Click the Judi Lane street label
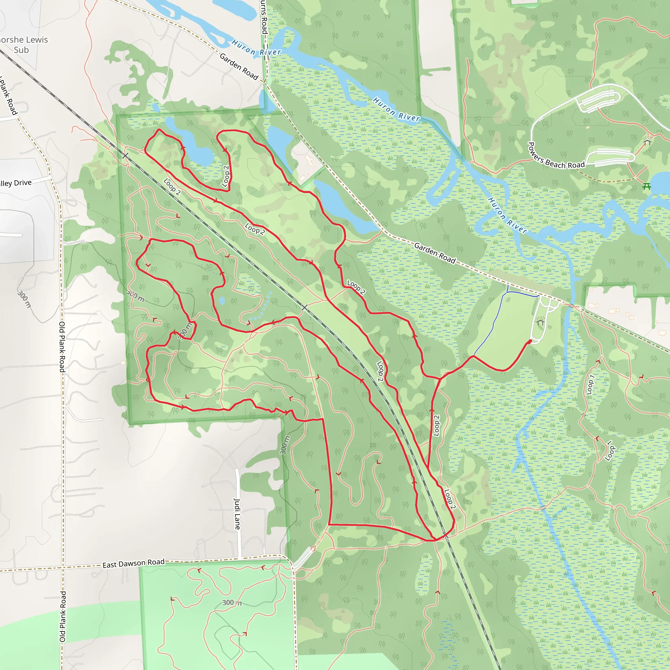(237, 514)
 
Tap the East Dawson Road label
(133, 564)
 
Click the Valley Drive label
(15, 183)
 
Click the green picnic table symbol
(646, 186)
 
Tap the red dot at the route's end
(530, 342)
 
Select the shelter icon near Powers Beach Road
(647, 142)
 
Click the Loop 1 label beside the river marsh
(590, 385)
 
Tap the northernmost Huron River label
(256, 48)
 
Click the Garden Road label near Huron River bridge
(239, 67)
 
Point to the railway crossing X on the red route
(304, 307)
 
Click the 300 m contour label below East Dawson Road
(232, 602)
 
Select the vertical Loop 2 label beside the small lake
(226, 176)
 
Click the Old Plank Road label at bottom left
(62, 616)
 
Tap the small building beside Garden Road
(309, 160)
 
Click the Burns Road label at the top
(264, 17)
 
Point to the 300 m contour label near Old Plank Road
(24, 299)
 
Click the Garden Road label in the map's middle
(434, 253)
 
